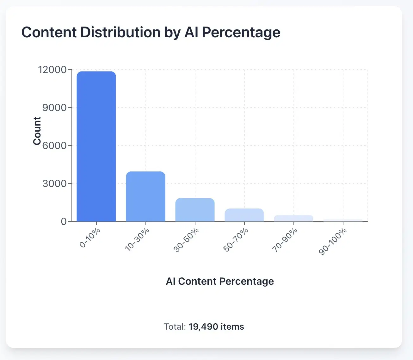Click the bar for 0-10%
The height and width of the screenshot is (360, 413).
coord(96,146)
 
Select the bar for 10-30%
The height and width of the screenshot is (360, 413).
coord(145,196)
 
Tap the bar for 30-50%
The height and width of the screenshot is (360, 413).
coord(195,210)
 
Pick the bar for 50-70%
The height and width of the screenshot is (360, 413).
coord(244,215)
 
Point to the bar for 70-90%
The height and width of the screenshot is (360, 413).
coord(293,218)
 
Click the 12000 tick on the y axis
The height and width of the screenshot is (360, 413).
coord(52,70)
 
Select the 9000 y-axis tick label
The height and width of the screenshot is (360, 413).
coord(54,108)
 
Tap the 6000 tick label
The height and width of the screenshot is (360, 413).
coord(54,146)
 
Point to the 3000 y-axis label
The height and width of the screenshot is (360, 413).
coord(54,183)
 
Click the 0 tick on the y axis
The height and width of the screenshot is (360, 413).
coord(64,221)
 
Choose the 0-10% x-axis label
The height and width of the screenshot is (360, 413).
coord(90,238)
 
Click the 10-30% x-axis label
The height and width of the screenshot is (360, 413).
coord(137,239)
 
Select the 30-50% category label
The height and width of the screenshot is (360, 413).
coord(187,239)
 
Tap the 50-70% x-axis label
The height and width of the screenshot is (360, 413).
coord(236,239)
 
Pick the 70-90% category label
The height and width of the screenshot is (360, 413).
coord(285,239)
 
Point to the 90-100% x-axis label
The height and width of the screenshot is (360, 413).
coord(333,241)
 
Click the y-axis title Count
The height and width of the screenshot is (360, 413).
coord(37,131)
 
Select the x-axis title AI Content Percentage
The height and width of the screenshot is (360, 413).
coord(220,281)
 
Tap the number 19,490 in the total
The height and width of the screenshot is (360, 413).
coord(203,326)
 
